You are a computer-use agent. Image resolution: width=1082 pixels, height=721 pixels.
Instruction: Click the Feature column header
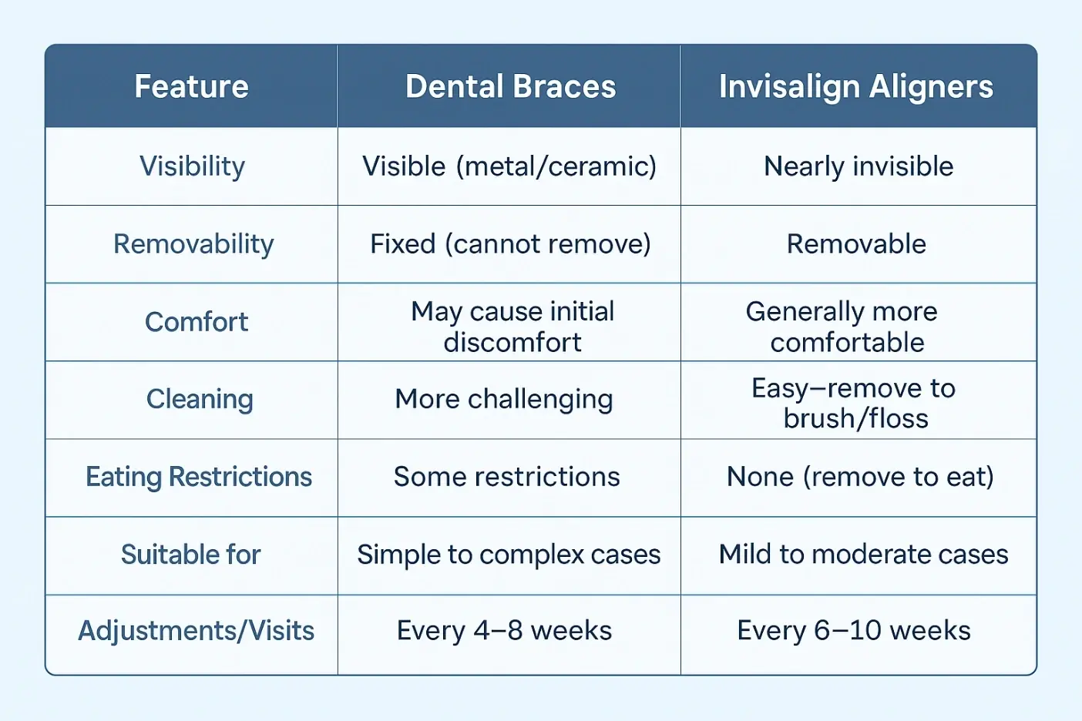[191, 86]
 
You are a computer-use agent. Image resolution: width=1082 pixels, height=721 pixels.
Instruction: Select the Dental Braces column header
[511, 86]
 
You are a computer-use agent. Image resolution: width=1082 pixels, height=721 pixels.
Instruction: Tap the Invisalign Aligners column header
[856, 87]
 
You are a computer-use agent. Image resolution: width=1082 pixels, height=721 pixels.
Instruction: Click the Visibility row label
[192, 166]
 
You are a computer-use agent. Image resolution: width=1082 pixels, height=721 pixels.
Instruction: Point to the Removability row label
[193, 244]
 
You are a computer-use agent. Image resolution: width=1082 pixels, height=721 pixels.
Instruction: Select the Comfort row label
[196, 322]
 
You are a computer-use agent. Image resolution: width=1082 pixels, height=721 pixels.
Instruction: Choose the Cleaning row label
[200, 400]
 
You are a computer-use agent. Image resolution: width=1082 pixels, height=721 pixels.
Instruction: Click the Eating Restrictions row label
[199, 477]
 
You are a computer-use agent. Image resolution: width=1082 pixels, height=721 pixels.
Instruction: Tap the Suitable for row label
[191, 554]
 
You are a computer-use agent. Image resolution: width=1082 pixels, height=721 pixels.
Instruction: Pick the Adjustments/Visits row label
[196, 631]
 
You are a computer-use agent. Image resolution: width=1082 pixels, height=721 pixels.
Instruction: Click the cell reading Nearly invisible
[859, 166]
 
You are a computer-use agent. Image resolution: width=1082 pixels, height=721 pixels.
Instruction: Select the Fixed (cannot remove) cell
[511, 244]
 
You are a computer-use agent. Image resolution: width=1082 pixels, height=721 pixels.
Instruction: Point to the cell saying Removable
[856, 244]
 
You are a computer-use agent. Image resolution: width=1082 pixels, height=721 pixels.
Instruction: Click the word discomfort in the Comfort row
[512, 342]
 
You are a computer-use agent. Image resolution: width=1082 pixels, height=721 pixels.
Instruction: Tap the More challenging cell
[504, 400]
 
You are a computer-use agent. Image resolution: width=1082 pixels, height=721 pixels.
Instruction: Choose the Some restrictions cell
[506, 477]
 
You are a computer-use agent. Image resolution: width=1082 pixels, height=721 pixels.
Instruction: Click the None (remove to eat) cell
[860, 477]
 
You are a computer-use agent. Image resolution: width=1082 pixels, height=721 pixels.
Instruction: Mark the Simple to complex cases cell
[509, 555]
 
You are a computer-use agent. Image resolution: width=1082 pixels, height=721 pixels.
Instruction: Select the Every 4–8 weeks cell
[504, 631]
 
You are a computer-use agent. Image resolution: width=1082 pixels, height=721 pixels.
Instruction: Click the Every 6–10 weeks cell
[854, 631]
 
